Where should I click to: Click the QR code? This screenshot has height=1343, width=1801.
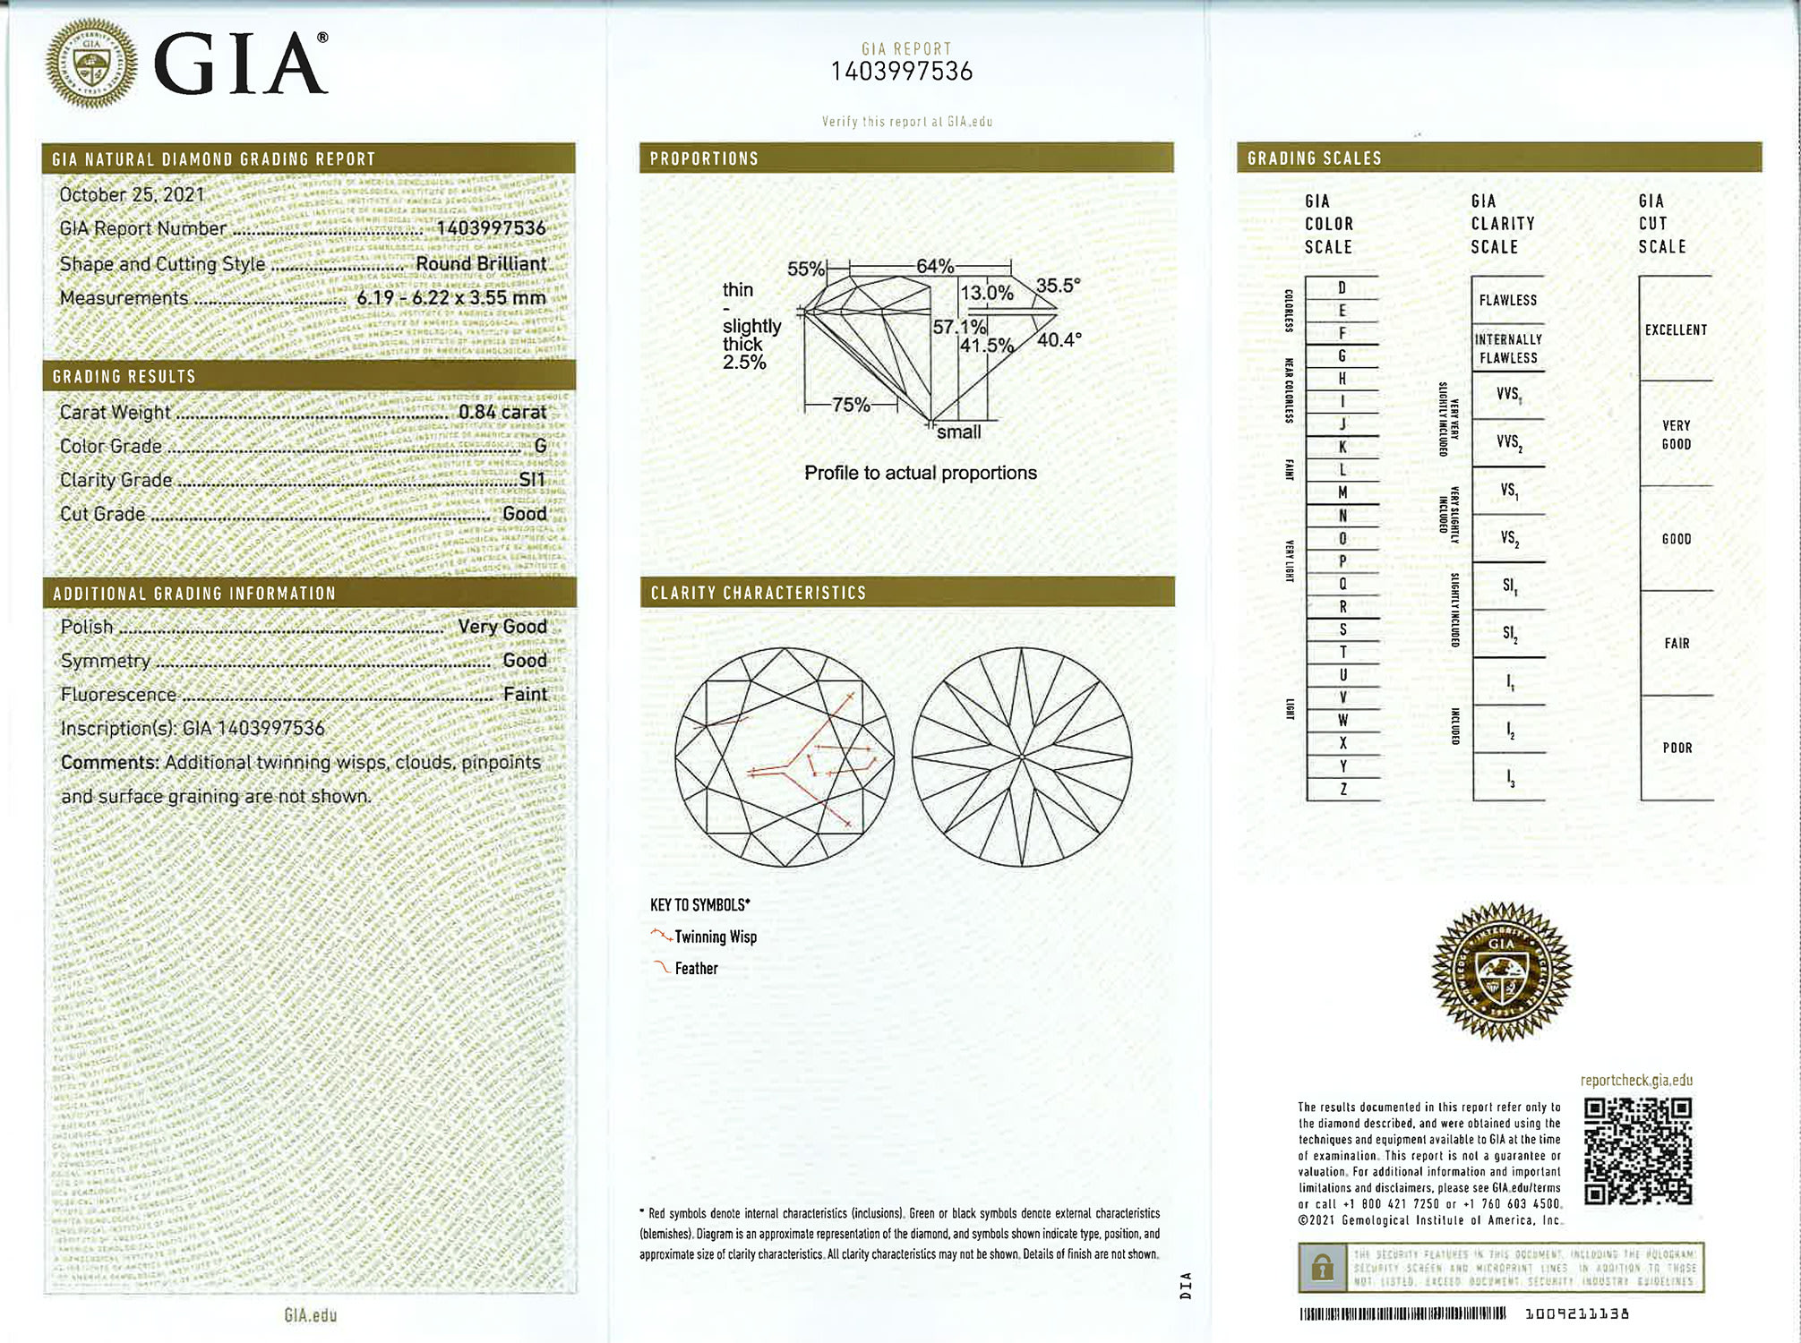1638,1151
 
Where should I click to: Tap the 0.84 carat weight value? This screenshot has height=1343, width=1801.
502,412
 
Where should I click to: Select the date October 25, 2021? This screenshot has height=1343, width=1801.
132,194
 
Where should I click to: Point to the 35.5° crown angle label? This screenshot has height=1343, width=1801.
1058,286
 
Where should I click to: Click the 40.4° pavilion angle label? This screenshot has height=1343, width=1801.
1059,340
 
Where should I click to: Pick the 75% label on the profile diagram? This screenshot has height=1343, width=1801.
850,405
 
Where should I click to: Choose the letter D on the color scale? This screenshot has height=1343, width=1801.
1342,287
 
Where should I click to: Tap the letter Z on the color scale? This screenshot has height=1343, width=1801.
1342,789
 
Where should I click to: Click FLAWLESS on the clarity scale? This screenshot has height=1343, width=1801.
1507,301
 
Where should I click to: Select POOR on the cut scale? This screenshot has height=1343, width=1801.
1677,748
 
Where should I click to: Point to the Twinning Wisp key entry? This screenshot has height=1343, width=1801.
715,937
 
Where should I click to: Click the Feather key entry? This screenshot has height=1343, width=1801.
696,968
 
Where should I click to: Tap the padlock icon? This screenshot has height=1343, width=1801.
1322,1268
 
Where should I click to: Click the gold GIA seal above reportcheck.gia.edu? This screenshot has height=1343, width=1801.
1501,971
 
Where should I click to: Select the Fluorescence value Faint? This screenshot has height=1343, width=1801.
525,694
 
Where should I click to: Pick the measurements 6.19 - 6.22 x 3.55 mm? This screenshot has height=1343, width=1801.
450,297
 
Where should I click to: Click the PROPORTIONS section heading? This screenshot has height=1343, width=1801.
704,158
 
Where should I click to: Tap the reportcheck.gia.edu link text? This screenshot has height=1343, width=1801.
1636,1080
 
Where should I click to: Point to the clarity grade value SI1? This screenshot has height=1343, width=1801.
532,480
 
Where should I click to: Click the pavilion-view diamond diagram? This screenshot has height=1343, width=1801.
1022,757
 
